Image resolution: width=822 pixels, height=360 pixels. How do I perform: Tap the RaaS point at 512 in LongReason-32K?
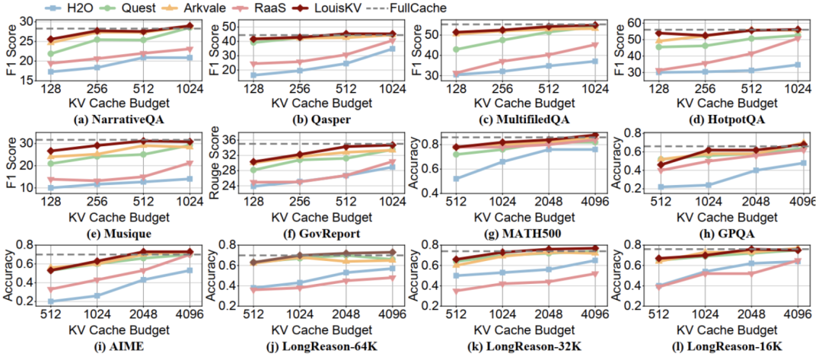(x=457, y=291)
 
